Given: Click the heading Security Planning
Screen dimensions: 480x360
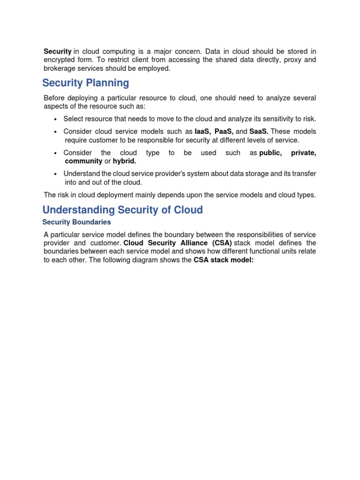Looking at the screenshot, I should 85,83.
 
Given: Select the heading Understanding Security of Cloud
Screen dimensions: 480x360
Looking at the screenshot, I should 122,210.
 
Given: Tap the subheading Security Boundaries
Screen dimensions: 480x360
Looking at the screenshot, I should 76,222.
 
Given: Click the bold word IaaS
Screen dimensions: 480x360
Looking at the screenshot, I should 202,131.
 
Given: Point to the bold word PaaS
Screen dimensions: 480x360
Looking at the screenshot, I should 224,131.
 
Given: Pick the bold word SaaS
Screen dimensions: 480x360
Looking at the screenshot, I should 259,131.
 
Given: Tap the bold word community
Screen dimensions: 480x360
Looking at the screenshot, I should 83,161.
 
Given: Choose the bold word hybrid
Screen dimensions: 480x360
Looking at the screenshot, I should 125,161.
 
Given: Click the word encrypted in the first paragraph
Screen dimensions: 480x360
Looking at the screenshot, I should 59,60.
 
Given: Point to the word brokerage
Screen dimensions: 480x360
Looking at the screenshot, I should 59,68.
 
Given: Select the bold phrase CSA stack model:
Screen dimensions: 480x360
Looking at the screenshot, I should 224,260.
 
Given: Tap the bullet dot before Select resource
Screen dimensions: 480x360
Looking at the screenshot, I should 56,119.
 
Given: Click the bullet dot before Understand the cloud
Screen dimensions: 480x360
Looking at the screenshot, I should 56,174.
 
